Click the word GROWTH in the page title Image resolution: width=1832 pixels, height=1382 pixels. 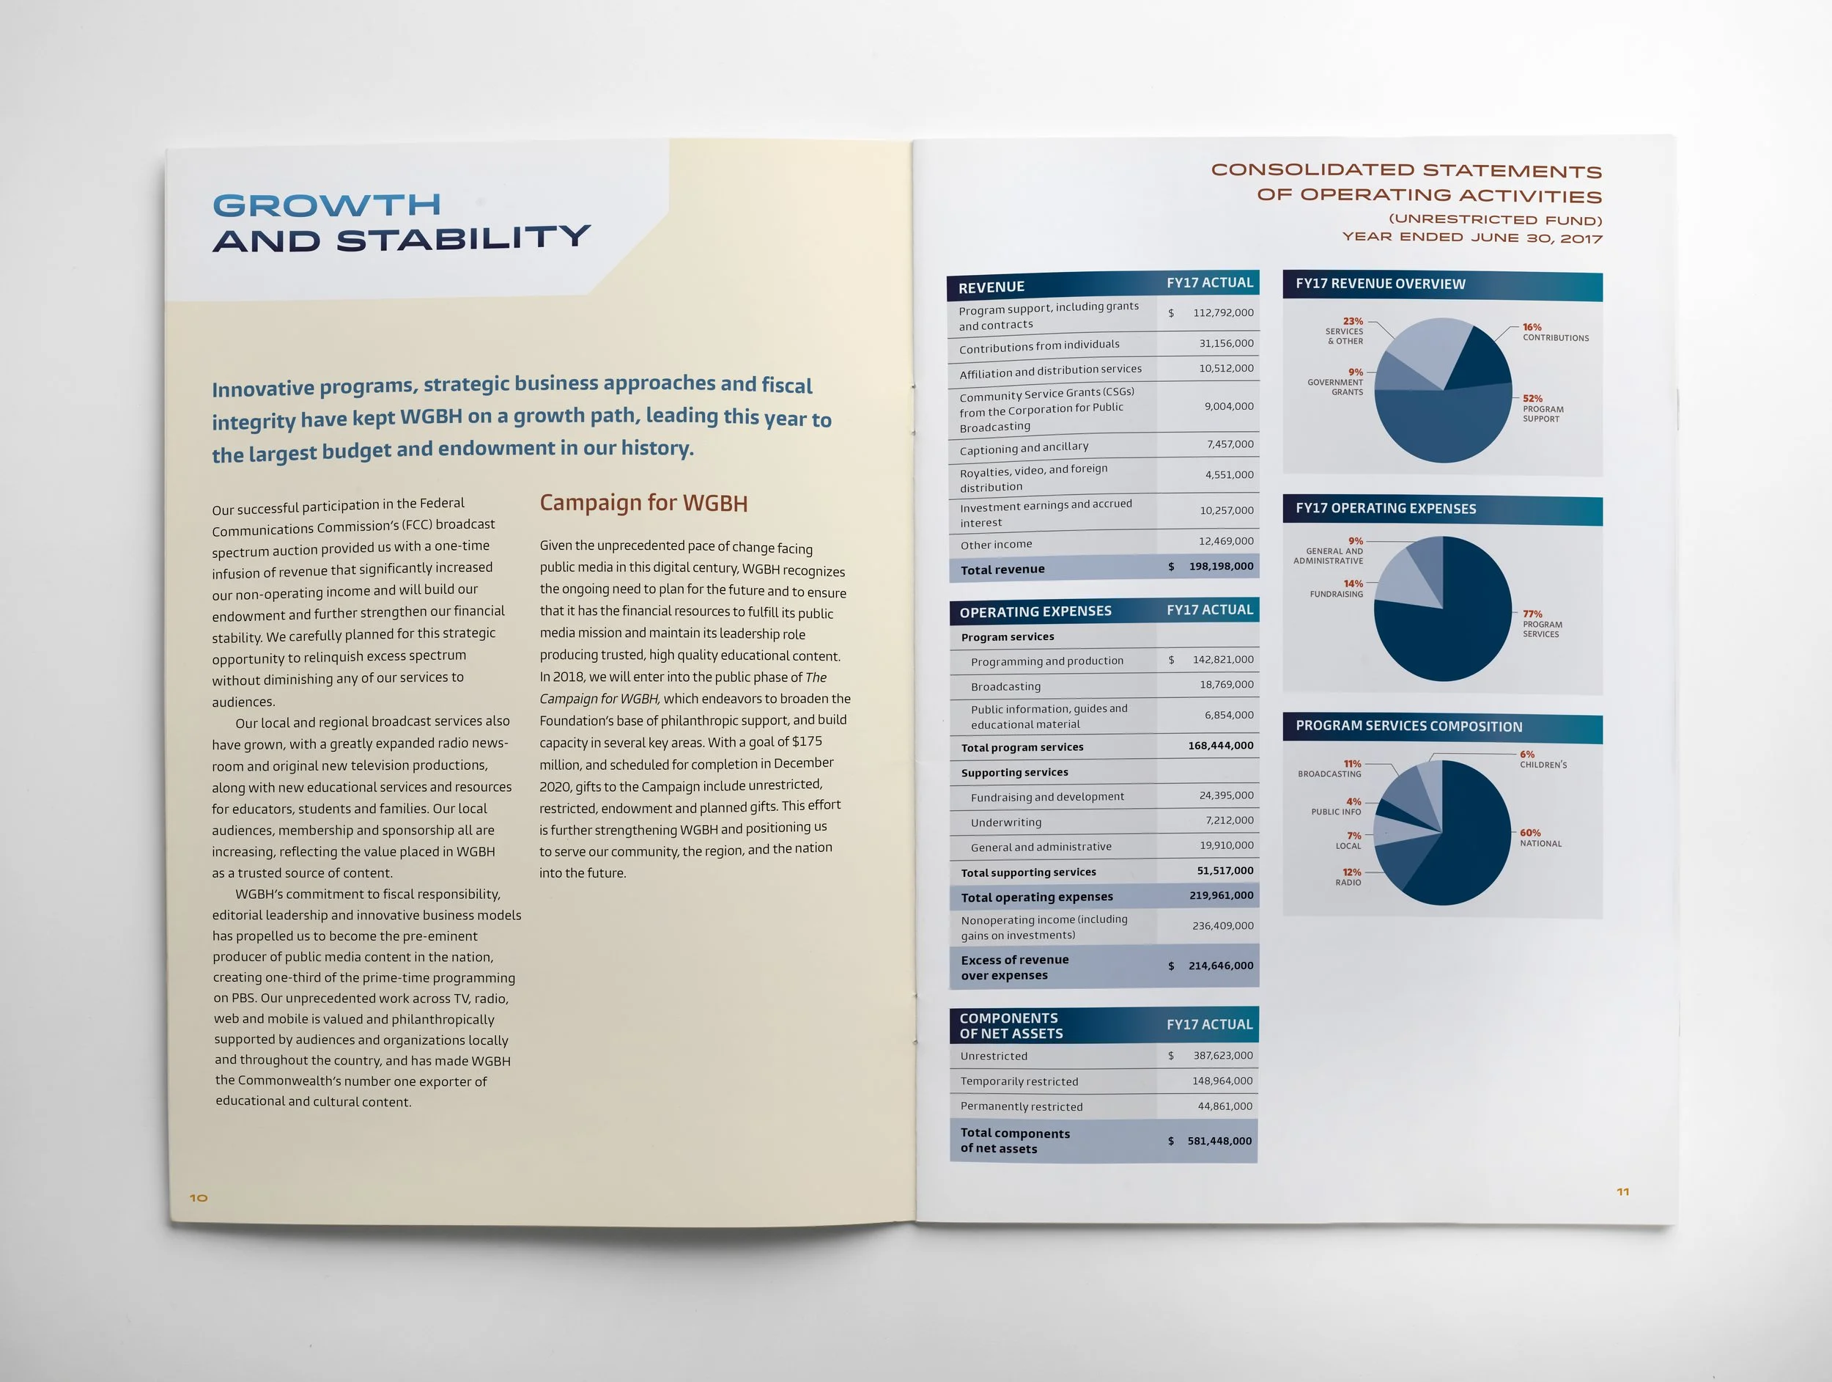(326, 205)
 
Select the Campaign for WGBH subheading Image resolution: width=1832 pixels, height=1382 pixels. (643, 503)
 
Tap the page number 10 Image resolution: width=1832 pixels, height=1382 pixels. (199, 1197)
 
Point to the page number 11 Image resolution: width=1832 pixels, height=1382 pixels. (1622, 1191)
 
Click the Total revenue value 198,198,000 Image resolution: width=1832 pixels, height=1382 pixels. (1221, 567)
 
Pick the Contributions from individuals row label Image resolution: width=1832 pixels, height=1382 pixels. (1038, 346)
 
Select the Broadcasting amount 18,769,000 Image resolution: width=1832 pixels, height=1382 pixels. (1226, 684)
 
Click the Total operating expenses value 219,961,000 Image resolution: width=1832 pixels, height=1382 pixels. (1221, 896)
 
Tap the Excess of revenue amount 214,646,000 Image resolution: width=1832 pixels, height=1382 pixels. (1220, 966)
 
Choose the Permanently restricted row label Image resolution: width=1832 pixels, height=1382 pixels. (1022, 1107)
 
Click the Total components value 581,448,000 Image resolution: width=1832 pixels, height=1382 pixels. (1219, 1141)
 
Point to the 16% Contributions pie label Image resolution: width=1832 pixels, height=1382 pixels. (1554, 332)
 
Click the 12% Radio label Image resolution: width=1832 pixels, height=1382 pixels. (1349, 878)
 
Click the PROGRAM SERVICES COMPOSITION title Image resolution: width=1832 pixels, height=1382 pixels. (1408, 727)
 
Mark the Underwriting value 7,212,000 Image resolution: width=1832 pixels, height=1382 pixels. (1229, 820)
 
